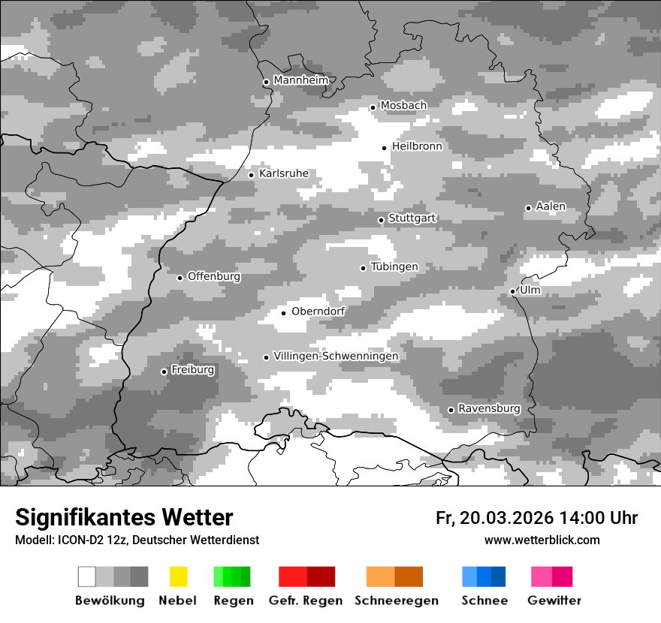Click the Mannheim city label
300,80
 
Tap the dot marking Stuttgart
381,220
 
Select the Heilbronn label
417,146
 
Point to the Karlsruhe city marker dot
252,175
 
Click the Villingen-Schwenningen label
336,356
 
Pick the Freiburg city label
192,369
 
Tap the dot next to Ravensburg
451,410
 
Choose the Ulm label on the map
530,290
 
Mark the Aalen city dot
528,208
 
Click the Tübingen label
394,266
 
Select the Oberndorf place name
318,311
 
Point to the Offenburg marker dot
180,278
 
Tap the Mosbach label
403,105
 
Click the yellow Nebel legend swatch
178,576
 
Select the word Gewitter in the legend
554,600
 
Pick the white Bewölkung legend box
87,576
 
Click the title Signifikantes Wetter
124,517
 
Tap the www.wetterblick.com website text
542,540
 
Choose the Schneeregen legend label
395,600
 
